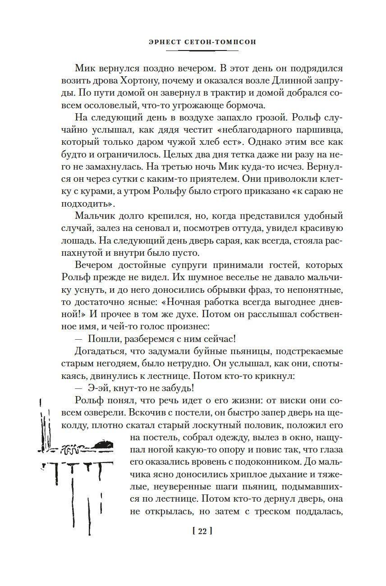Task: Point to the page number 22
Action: [x=202, y=532]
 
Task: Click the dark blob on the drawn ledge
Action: [x=106, y=444]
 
